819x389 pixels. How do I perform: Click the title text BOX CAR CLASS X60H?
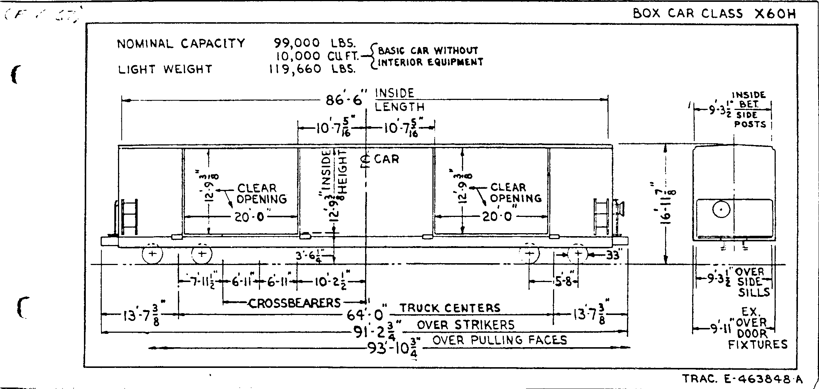[714, 14]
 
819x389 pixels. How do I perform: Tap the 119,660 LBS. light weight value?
[312, 69]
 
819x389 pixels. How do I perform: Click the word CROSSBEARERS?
[294, 303]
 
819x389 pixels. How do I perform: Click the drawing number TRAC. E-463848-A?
[742, 379]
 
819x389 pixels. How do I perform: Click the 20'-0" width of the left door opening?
[250, 217]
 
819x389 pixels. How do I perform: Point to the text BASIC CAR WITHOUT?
[428, 50]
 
